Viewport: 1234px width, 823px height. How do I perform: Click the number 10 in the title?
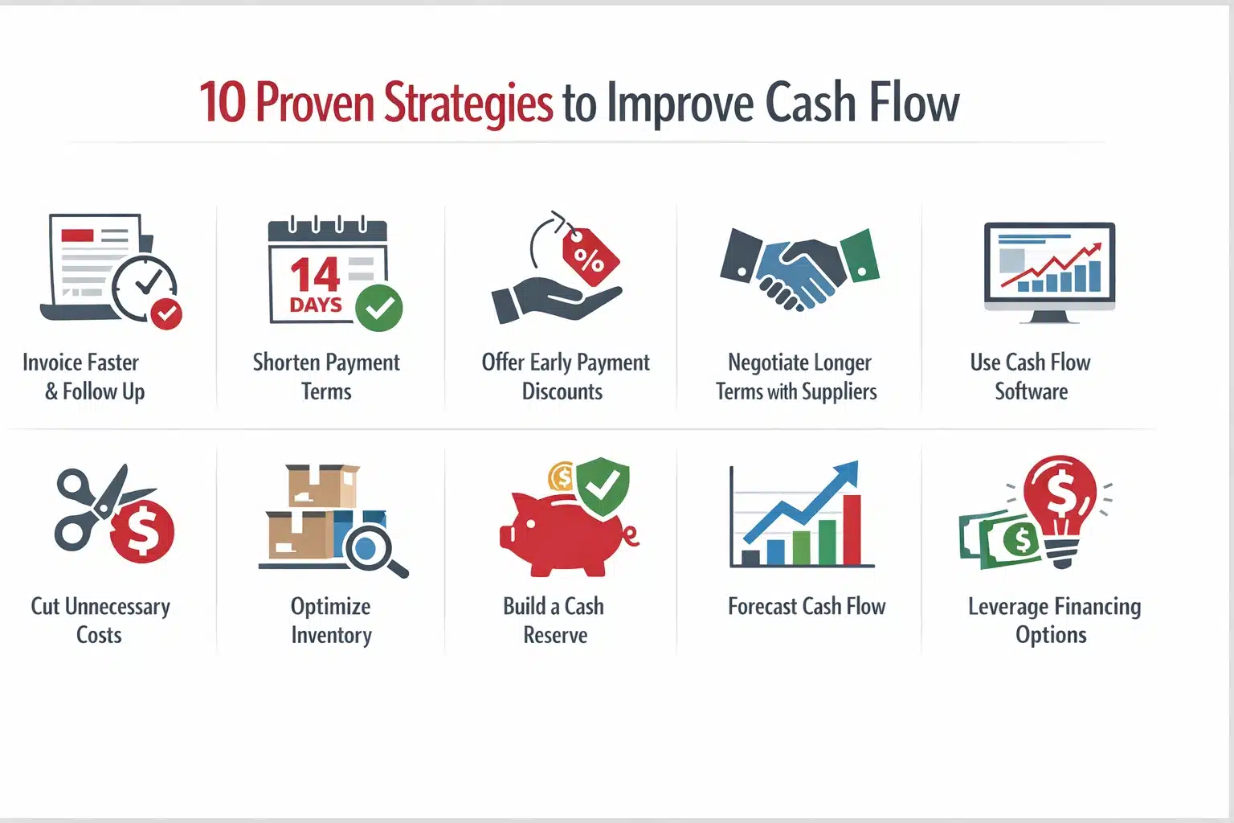pyautogui.click(x=222, y=104)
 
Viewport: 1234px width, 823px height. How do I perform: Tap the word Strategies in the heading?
pyautogui.click(x=468, y=104)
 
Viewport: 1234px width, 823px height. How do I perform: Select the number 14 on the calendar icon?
pyautogui.click(x=314, y=276)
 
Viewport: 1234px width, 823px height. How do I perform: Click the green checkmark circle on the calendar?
pyautogui.click(x=378, y=308)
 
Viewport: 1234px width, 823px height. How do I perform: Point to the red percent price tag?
pyautogui.click(x=590, y=258)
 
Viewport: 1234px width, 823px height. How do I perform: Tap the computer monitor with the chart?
pyautogui.click(x=1049, y=267)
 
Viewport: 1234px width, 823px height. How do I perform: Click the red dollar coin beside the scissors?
pyautogui.click(x=142, y=530)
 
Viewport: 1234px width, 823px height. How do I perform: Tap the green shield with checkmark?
pyautogui.click(x=603, y=485)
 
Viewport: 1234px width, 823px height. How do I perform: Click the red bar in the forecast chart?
pyautogui.click(x=852, y=530)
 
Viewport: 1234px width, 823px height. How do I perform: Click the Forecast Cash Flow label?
pyautogui.click(x=806, y=606)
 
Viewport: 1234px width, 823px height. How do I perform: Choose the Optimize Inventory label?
pyautogui.click(x=331, y=620)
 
